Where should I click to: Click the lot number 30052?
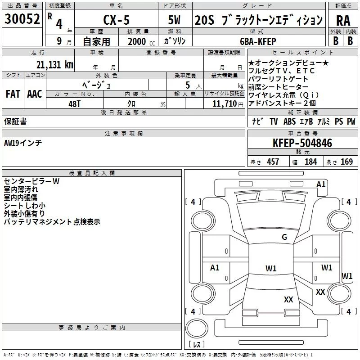(22, 20)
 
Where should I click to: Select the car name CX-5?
(116, 20)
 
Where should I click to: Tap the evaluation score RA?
(343, 21)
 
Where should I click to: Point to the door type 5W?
(175, 20)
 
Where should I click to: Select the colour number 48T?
(74, 104)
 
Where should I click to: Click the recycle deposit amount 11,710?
(223, 104)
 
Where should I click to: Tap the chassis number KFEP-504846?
(302, 144)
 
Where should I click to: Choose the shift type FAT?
(13, 94)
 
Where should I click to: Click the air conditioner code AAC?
(34, 94)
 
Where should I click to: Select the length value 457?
(273, 162)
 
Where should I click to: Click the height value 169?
(346, 162)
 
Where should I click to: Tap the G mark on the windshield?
(284, 237)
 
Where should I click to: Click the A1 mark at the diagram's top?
(320, 184)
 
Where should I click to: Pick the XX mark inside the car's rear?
(288, 299)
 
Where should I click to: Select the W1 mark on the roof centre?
(271, 269)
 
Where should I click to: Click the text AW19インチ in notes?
(23, 143)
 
